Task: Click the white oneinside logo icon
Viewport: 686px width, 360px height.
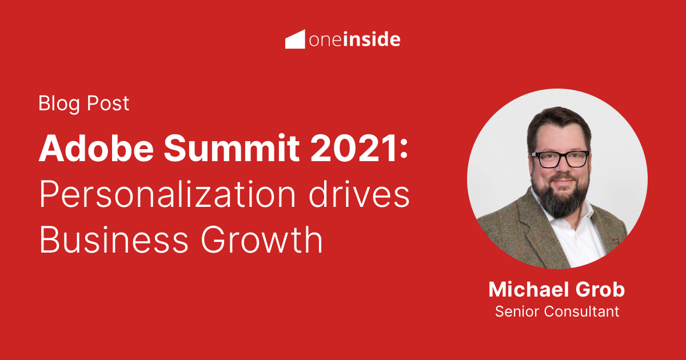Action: click(x=294, y=39)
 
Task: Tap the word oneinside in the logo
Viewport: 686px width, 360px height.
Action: click(x=354, y=39)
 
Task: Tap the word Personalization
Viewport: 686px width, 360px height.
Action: click(x=165, y=196)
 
